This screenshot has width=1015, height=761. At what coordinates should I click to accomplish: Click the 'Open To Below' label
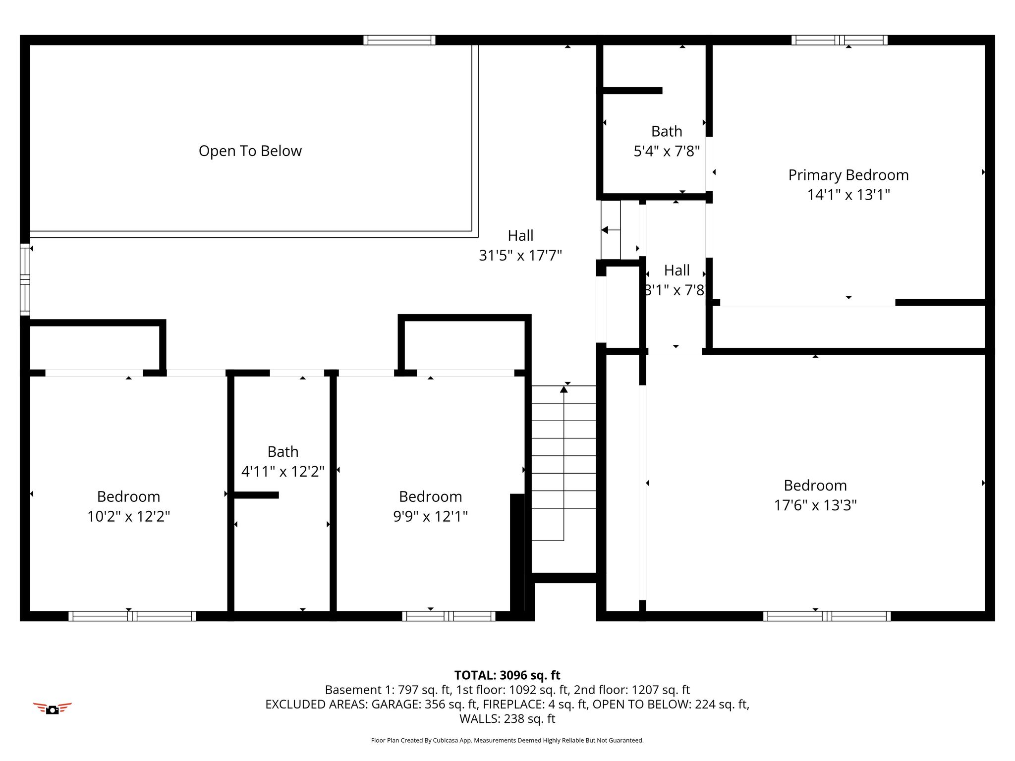click(x=250, y=151)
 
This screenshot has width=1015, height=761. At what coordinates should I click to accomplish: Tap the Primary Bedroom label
click(x=848, y=175)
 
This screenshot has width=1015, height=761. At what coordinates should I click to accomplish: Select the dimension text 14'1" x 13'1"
click(x=848, y=195)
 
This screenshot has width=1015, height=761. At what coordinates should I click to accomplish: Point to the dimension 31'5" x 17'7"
click(x=520, y=255)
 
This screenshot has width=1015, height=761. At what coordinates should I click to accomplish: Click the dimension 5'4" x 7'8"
click(x=667, y=151)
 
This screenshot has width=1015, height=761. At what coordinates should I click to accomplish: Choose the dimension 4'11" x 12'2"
click(x=283, y=471)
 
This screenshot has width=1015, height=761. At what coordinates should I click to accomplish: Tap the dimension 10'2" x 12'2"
click(x=128, y=516)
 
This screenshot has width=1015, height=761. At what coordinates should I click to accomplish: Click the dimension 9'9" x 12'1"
click(x=430, y=516)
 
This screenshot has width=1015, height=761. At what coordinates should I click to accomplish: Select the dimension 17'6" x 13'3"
click(x=815, y=505)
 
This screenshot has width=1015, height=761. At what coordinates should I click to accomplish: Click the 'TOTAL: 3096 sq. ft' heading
click(x=507, y=675)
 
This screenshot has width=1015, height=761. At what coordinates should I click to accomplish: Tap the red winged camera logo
click(x=53, y=708)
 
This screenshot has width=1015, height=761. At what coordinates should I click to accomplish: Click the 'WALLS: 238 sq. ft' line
click(x=507, y=718)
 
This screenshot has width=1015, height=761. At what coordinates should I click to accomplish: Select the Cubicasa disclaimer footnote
click(x=507, y=740)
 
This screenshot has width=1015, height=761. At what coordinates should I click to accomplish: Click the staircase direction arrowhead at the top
click(x=564, y=389)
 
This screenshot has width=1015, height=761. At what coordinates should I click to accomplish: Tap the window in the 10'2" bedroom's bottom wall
click(x=132, y=616)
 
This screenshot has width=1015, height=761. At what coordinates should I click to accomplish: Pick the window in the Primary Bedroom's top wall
click(x=839, y=40)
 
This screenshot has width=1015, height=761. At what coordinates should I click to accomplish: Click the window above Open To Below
click(x=399, y=40)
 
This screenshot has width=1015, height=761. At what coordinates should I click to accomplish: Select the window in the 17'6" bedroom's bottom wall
click(x=827, y=616)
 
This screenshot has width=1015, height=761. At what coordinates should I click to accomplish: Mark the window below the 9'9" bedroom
click(x=449, y=616)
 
